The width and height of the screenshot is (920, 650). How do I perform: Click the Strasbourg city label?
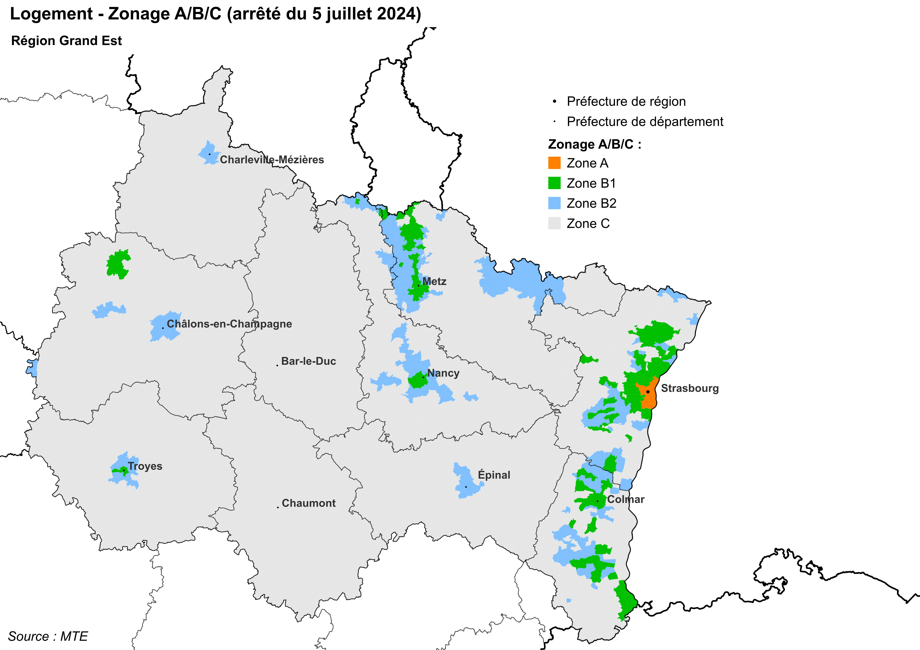pos(690,388)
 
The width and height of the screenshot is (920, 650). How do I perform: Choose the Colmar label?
pos(625,499)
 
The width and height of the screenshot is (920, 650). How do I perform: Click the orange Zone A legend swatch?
pos(554,163)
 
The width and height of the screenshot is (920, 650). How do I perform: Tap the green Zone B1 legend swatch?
pos(554,183)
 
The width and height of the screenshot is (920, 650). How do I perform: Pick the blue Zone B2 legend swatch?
pos(554,203)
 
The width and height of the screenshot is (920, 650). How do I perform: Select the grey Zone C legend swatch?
pos(554,223)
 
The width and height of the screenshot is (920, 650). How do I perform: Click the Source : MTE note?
pos(48,636)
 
